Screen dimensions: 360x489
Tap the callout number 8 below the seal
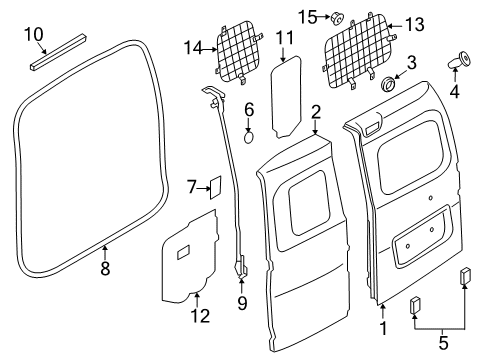pos(105,269)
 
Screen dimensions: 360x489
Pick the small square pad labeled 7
pos(212,187)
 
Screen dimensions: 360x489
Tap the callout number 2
pos(315,111)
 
